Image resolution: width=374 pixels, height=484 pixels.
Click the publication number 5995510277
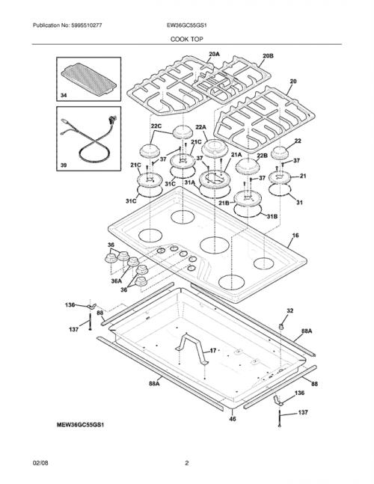[x=87, y=25]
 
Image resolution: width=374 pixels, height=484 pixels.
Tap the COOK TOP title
[x=187, y=39]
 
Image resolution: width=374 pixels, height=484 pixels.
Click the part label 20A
[x=214, y=55]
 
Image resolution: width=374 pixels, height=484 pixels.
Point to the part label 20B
[x=268, y=56]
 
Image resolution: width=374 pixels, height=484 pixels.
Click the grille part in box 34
[x=89, y=78]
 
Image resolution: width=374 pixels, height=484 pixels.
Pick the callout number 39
[x=64, y=165]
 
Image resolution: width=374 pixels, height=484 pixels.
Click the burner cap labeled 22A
[x=215, y=149]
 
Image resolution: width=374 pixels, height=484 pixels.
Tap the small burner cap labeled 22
[x=281, y=153]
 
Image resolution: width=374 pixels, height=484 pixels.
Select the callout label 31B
[x=272, y=216]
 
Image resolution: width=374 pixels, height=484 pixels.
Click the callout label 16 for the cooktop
[x=295, y=236]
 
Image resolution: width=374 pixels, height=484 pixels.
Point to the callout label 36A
[x=117, y=281]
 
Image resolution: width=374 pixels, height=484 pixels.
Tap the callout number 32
[x=289, y=311]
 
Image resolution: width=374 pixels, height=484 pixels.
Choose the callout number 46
[x=233, y=419]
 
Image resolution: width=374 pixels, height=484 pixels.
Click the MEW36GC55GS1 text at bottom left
[x=80, y=425]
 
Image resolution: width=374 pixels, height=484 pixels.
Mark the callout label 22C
[x=156, y=126]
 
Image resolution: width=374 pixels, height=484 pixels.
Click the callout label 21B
[x=224, y=203]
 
